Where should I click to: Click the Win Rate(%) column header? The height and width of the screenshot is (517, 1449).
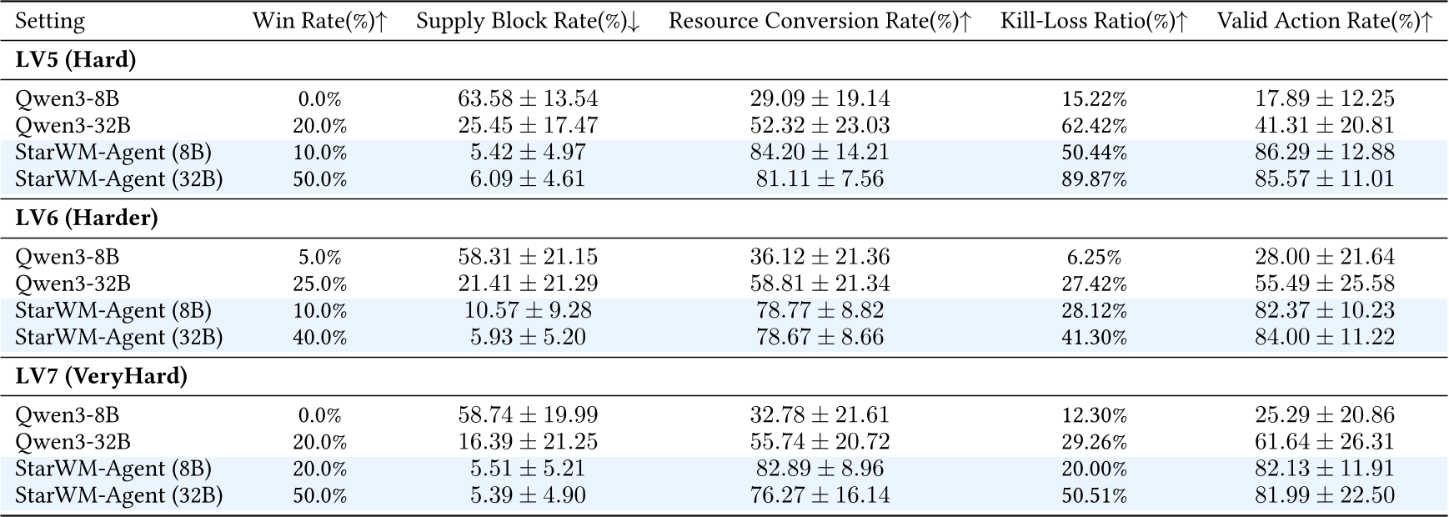pyautogui.click(x=320, y=22)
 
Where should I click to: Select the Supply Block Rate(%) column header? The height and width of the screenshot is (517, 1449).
pyautogui.click(x=528, y=22)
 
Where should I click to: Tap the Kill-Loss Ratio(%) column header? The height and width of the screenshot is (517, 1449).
pyautogui.click(x=1094, y=22)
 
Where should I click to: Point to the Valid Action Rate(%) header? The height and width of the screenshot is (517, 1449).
pyautogui.click(x=1325, y=22)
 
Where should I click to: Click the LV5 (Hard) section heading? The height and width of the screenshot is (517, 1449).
pyautogui.click(x=76, y=60)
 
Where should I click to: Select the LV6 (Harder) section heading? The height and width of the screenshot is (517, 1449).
pyautogui.click(x=87, y=218)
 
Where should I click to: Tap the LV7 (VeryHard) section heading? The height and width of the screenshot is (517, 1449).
pyautogui.click(x=102, y=376)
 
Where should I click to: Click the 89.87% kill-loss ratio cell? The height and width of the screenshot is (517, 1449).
pyautogui.click(x=1094, y=179)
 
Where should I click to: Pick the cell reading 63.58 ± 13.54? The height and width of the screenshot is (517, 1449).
pyautogui.click(x=528, y=99)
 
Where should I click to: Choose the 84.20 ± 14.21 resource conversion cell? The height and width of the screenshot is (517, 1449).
pyautogui.click(x=820, y=153)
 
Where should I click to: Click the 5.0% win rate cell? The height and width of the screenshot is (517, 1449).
pyautogui.click(x=320, y=258)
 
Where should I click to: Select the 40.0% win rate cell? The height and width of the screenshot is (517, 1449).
pyautogui.click(x=320, y=338)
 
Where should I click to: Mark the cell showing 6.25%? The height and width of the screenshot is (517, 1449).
pyautogui.click(x=1094, y=258)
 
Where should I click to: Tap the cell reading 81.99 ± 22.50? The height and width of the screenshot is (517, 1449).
pyautogui.click(x=1325, y=495)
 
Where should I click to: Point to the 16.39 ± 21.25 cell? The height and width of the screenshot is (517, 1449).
pyautogui.click(x=528, y=442)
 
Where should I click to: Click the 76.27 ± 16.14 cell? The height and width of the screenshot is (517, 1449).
pyautogui.click(x=820, y=495)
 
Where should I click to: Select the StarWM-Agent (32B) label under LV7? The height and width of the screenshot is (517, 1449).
pyautogui.click(x=118, y=495)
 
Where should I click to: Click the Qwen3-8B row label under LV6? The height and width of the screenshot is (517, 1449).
pyautogui.click(x=67, y=258)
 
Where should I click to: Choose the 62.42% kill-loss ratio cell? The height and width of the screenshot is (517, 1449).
pyautogui.click(x=1094, y=126)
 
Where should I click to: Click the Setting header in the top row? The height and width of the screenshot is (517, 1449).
pyautogui.click(x=50, y=22)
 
